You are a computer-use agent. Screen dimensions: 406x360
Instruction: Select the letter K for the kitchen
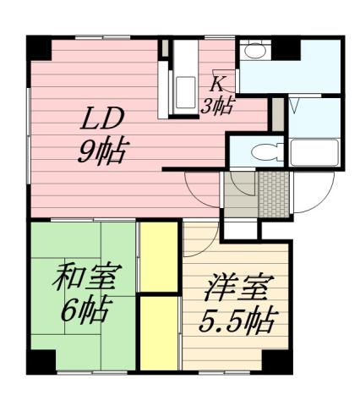coord(218,84)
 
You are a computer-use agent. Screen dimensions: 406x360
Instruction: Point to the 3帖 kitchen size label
coord(219,104)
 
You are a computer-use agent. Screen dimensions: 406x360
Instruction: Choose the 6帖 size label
coord(85,310)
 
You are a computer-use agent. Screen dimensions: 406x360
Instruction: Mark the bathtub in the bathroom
coord(314,154)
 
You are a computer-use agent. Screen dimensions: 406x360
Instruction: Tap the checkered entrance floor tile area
coord(272,194)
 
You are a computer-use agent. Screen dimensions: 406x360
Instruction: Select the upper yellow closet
coord(158,255)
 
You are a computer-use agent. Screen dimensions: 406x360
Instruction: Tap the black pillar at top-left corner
coord(41,49)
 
